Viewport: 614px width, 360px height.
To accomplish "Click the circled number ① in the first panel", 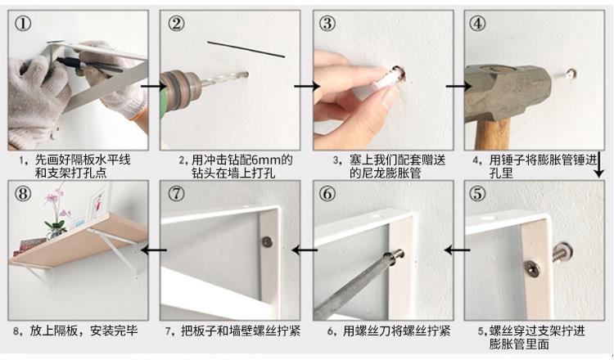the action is click(23, 24).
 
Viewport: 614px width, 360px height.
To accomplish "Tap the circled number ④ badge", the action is click(477, 24).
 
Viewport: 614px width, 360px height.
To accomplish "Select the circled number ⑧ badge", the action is click(22, 194).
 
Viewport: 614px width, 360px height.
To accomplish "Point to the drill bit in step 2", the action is click(224, 79).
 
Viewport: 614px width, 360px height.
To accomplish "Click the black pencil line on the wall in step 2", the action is click(246, 49).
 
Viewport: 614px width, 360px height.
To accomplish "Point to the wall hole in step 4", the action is click(571, 73).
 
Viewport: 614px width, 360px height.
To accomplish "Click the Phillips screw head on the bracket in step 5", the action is click(533, 268).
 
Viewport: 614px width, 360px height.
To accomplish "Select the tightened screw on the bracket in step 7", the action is click(268, 242).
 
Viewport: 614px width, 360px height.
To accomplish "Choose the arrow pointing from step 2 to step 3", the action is click(307, 86).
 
